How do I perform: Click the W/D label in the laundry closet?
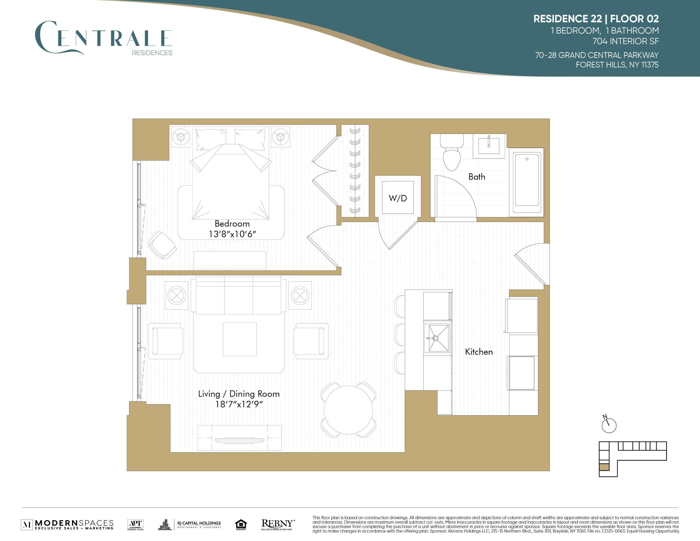click(398, 198)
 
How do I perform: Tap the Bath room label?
click(477, 177)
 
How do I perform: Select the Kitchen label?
click(479, 352)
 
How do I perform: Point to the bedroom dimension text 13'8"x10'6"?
click(232, 234)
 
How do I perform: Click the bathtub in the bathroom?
click(527, 182)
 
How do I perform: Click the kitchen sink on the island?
click(437, 338)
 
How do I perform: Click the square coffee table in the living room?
click(240, 339)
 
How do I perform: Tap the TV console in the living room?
click(240, 438)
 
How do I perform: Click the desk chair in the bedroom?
click(163, 245)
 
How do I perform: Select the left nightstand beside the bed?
click(181, 137)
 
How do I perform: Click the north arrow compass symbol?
click(609, 425)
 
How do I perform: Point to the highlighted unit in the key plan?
click(604, 467)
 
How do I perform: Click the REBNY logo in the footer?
click(277, 524)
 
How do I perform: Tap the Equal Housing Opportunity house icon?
click(241, 524)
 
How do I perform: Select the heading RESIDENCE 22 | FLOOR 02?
click(596, 19)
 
